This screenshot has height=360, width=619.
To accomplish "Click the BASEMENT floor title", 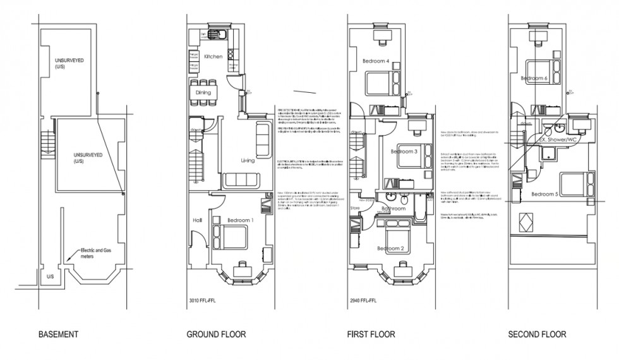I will click(x=58, y=334).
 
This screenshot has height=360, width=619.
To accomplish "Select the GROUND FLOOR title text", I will click(x=216, y=334).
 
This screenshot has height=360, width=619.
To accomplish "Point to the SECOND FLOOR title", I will click(x=537, y=334).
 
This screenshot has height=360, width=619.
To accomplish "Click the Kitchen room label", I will click(x=213, y=57).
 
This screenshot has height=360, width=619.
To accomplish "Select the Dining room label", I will click(x=203, y=92).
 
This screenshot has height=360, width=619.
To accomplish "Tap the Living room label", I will click(x=247, y=161).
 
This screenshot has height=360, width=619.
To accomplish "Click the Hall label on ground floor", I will click(x=196, y=220).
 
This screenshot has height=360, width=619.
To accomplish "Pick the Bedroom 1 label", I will click(x=240, y=220).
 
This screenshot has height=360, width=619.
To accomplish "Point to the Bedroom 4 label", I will click(x=375, y=61).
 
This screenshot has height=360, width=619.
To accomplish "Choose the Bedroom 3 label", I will click(x=404, y=152).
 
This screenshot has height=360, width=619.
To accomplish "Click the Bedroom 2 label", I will click(x=391, y=248).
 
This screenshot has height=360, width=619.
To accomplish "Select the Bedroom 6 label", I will click(x=534, y=78).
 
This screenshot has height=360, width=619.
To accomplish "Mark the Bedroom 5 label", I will click(x=544, y=193).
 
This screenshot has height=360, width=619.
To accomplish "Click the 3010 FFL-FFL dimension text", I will click(x=204, y=301).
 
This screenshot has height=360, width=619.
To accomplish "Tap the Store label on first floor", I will click(x=355, y=207).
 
